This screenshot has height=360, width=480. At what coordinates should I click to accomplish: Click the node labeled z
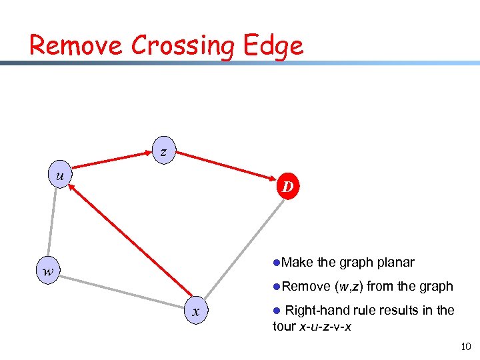point(163,151)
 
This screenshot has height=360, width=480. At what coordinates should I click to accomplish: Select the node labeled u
point(60,176)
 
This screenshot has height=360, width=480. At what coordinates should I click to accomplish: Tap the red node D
point(287,187)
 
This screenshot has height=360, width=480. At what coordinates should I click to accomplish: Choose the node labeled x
point(196,311)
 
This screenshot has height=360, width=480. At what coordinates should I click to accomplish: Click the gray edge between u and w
point(53,224)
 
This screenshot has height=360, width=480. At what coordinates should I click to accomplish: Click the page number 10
point(465,346)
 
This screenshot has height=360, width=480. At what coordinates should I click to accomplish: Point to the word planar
point(393,262)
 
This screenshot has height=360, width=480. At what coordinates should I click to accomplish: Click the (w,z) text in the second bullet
point(349,286)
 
